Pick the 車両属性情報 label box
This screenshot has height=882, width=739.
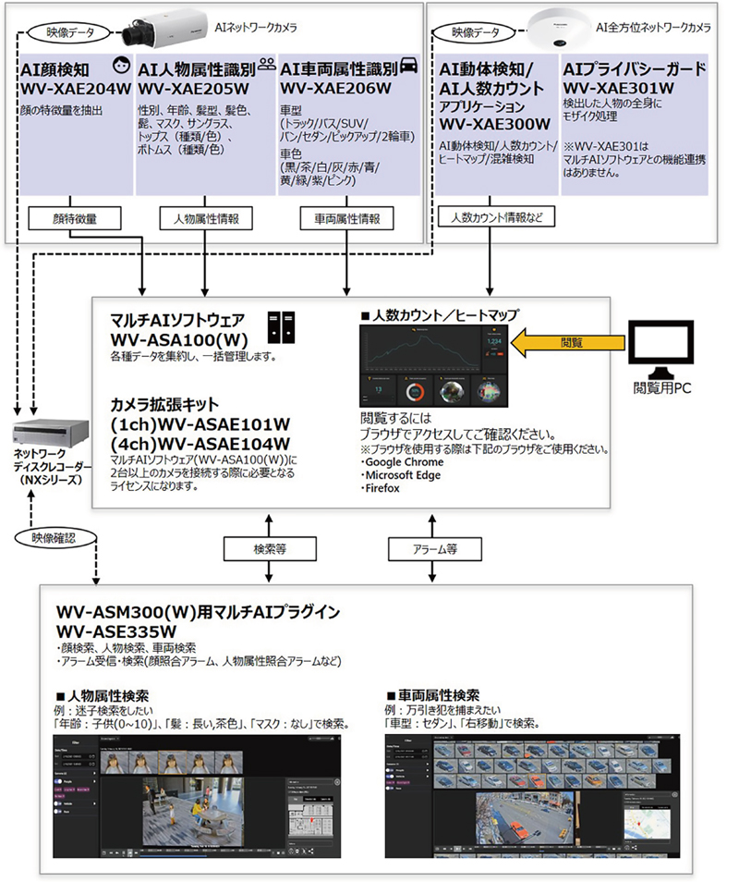point(346,219)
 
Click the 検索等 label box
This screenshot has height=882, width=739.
point(269,548)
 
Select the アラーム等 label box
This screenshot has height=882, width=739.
point(435,548)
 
